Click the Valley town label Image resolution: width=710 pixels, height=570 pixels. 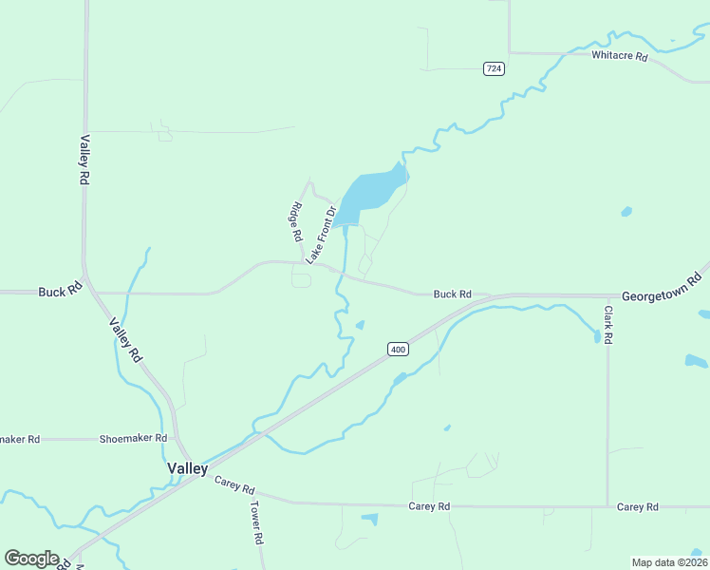pyautogui.click(x=187, y=468)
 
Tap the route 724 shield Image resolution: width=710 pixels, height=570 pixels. pyautogui.click(x=493, y=68)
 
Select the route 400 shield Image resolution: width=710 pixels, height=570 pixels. pyautogui.click(x=398, y=350)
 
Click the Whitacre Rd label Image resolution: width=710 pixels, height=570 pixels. pyautogui.click(x=619, y=56)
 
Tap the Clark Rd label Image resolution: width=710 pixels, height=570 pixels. pyautogui.click(x=608, y=324)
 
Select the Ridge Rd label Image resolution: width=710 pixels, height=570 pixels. pyautogui.click(x=296, y=222)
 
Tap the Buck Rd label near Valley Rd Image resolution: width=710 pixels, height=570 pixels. pyautogui.click(x=59, y=291)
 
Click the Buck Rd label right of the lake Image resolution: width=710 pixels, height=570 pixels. pyautogui.click(x=452, y=294)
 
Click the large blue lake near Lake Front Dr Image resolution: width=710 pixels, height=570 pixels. pyautogui.click(x=370, y=192)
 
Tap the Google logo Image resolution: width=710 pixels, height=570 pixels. pyautogui.click(x=31, y=559)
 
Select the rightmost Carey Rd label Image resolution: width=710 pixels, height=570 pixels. pyautogui.click(x=637, y=507)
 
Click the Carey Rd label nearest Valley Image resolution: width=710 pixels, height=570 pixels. pyautogui.click(x=234, y=485)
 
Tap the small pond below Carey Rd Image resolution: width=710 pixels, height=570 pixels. pyautogui.click(x=369, y=519)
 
